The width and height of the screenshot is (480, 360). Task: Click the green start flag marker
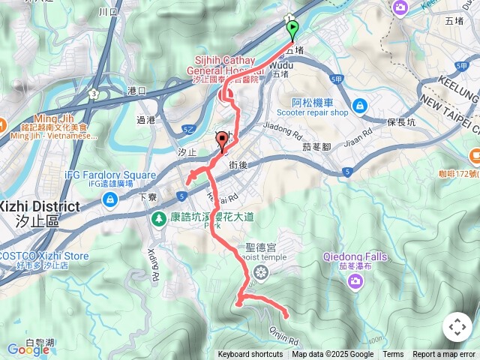tap(292, 29)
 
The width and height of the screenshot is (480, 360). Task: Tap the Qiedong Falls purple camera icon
tap(355, 280)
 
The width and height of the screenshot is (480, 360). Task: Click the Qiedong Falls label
tap(355, 256)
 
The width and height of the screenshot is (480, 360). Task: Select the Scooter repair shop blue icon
tap(360, 106)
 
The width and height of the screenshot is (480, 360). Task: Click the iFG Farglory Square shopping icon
tap(110, 199)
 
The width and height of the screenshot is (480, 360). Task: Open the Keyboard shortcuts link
tap(250, 355)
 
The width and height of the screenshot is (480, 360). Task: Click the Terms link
tap(393, 355)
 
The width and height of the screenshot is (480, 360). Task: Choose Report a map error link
tap(444, 355)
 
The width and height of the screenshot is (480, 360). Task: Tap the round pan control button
tap(457, 327)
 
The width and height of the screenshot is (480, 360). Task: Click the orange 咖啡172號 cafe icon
tap(474, 156)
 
